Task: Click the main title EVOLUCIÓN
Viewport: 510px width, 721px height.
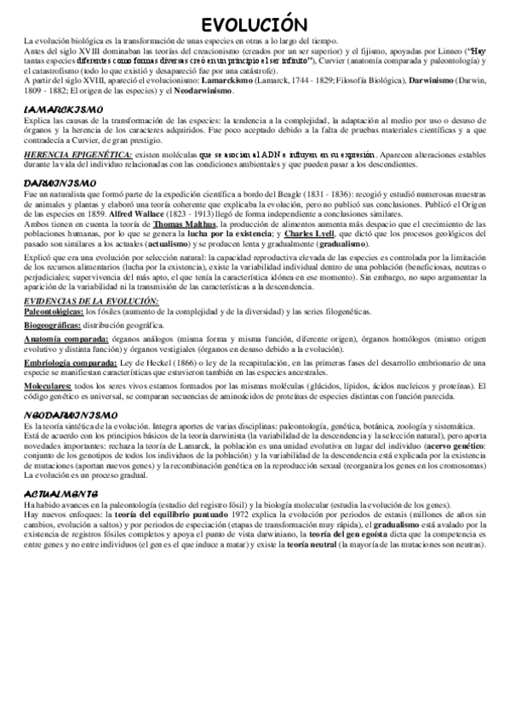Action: [x=255, y=23]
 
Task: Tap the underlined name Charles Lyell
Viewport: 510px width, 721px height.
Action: [x=308, y=232]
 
